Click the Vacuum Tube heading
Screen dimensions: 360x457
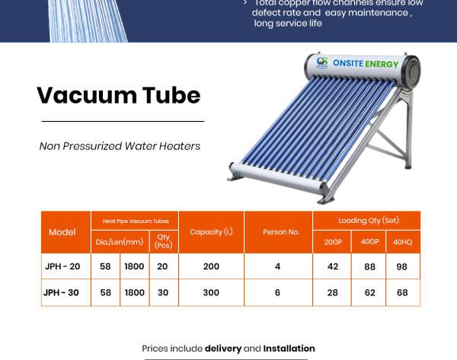[x=119, y=95]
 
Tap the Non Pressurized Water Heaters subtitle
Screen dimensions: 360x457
[x=120, y=145]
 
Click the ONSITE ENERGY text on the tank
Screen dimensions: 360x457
[x=365, y=64]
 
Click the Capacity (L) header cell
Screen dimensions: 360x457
[x=211, y=232]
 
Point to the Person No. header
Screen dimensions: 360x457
[x=278, y=232]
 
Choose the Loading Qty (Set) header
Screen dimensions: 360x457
[x=366, y=220]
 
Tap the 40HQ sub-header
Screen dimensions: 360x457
[x=402, y=242]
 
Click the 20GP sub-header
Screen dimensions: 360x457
[x=332, y=242]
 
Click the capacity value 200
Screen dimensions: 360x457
[x=211, y=266]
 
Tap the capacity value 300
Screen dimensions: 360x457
[x=211, y=292]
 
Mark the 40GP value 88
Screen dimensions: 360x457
[x=369, y=266]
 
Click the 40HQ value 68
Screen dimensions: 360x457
[x=402, y=292]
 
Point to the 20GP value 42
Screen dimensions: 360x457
[x=332, y=266]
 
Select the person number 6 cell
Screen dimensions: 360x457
[x=278, y=292]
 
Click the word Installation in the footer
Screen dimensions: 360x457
[x=289, y=349]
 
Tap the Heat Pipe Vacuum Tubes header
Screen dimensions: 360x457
[x=135, y=221]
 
